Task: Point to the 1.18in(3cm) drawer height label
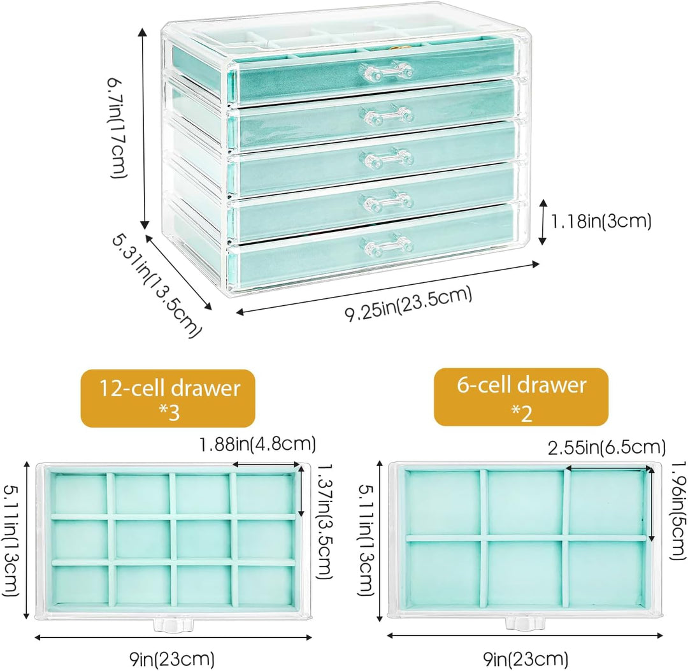tap(601, 221)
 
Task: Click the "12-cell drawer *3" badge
tap(168, 398)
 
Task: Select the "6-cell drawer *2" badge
tap(521, 396)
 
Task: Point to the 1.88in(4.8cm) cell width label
tap(258, 444)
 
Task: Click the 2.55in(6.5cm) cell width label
tap(607, 447)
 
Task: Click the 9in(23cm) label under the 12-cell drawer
tap(171, 658)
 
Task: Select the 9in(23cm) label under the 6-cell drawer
tap(526, 658)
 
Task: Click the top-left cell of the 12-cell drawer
tap(80, 493)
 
